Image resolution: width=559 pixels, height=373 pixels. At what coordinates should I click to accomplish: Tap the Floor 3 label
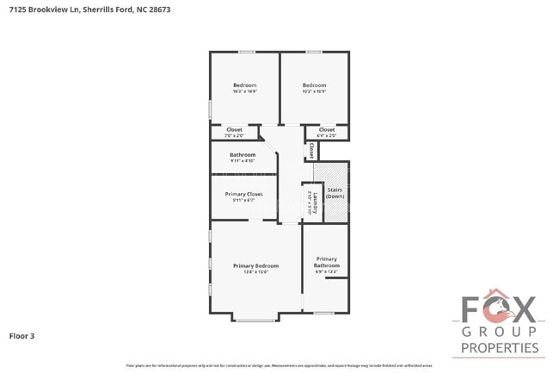click(x=21, y=335)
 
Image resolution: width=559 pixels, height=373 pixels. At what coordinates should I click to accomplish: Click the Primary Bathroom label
click(x=326, y=262)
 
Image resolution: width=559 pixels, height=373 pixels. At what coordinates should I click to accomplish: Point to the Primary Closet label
click(x=243, y=194)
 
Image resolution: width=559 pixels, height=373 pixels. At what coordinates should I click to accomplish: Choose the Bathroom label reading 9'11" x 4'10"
click(x=242, y=155)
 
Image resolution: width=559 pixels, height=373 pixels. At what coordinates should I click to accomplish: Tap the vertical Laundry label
click(x=315, y=203)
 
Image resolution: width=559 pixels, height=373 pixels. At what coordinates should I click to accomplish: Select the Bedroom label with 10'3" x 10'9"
click(x=244, y=85)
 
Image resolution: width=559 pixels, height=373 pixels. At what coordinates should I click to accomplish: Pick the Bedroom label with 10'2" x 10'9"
click(x=314, y=85)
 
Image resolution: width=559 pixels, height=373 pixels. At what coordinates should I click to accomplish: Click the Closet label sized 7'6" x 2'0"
click(x=234, y=130)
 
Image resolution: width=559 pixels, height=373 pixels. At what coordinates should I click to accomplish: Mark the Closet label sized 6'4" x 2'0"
click(x=327, y=130)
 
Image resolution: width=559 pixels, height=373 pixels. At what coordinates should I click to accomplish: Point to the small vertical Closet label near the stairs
click(x=310, y=150)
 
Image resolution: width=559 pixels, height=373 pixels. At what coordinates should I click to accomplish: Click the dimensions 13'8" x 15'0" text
click(x=255, y=271)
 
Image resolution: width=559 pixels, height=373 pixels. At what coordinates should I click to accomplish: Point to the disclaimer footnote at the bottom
click(x=279, y=365)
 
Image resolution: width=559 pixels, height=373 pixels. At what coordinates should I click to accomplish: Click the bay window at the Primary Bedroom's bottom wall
click(x=255, y=320)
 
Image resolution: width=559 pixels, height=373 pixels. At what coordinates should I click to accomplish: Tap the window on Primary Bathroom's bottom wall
click(x=323, y=313)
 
